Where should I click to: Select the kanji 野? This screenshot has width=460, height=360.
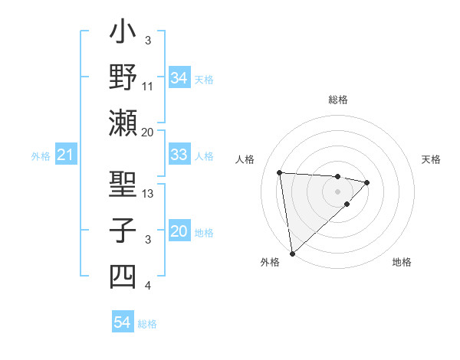(123, 78)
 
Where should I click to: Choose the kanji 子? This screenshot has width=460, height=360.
(123, 231)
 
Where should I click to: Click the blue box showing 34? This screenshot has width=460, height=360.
(179, 77)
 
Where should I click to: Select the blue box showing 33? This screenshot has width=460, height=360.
(179, 155)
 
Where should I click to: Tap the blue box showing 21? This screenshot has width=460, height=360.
(65, 155)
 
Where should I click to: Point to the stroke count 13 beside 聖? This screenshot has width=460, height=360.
(148, 193)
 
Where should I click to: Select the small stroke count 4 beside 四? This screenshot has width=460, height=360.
(148, 286)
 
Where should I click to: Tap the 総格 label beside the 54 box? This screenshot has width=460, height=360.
(147, 324)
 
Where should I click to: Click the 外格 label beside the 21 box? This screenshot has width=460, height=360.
(41, 156)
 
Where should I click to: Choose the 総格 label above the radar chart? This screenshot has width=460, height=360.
(337, 100)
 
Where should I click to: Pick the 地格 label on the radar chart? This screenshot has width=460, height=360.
(402, 262)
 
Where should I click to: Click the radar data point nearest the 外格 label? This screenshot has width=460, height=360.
(292, 252)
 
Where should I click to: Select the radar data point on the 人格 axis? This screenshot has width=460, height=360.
(280, 172)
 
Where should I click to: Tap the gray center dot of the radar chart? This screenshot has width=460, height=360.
(337, 190)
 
